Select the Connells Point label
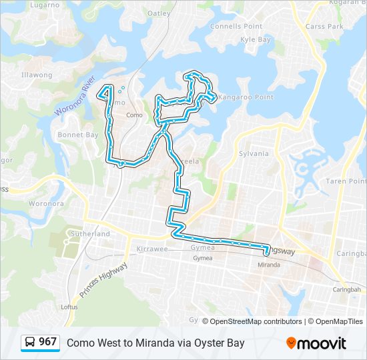(236, 26)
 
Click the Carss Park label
(324, 26)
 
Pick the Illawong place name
(37, 75)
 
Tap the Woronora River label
(77, 98)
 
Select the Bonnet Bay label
(78, 135)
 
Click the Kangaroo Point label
(247, 97)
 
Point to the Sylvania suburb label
(254, 153)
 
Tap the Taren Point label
(346, 181)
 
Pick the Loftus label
(69, 307)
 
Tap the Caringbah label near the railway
(346, 290)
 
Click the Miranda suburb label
(269, 265)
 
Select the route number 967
(47, 342)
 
